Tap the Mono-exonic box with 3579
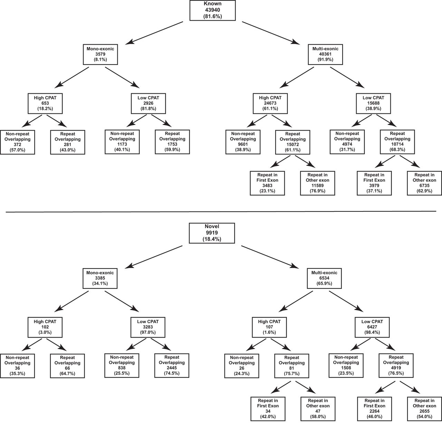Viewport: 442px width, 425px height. (x=100, y=54)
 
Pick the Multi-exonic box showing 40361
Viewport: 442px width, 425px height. (x=325, y=54)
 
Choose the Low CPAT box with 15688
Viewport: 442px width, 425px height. (x=372, y=103)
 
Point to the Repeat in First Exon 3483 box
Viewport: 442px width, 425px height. (x=268, y=183)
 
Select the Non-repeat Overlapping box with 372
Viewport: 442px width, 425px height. (x=18, y=142)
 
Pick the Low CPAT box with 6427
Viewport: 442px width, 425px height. (x=372, y=327)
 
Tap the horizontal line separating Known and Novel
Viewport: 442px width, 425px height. (x=221, y=211)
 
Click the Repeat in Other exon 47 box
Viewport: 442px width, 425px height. (x=318, y=408)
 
